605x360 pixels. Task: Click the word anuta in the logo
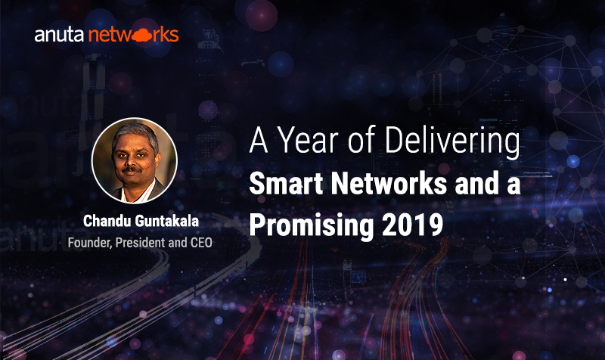[x=59, y=35]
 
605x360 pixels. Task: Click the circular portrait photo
[x=135, y=160]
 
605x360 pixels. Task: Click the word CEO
[x=201, y=243]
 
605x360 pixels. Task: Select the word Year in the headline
[x=309, y=140]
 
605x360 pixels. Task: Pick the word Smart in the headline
[x=286, y=183]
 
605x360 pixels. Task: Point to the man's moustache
[x=131, y=169]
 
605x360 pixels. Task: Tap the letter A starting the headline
[x=259, y=140]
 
